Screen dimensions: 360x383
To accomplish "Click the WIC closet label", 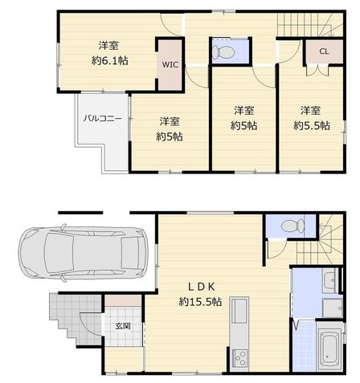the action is point(170,64).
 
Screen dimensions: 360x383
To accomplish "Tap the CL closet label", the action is point(324,51).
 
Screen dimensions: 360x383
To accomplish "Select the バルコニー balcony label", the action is point(103,118).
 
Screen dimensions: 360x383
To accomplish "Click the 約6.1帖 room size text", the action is point(109,61).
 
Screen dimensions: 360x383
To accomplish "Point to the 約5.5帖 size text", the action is point(312,125).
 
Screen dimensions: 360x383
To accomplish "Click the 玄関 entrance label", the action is point(123,326).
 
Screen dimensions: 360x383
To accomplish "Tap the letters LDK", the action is point(201,287).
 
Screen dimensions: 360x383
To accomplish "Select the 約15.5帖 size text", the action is point(200,302).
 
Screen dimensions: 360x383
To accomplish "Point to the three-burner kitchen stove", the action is point(239,357).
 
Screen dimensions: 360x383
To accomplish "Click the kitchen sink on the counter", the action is point(239,311).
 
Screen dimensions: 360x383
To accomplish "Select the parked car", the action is point(84,253).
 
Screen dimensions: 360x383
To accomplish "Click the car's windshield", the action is point(59,253).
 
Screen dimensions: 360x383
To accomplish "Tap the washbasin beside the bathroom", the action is point(329,280).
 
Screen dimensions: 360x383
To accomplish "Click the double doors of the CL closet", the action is point(317,71).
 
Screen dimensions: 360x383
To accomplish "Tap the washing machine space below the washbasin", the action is point(333,308).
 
